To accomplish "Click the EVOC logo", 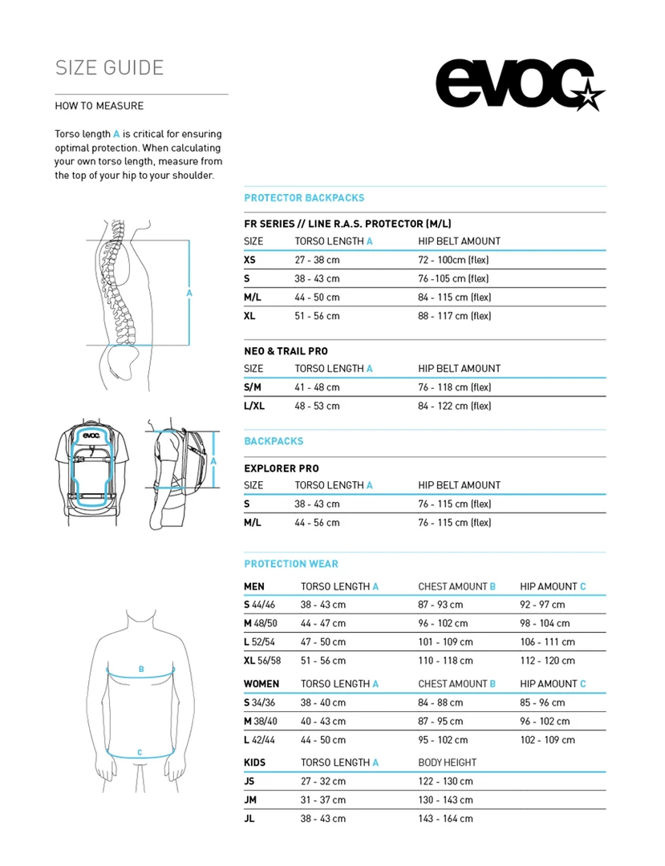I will coord(520,84).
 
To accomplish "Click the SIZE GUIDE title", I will coord(109,67).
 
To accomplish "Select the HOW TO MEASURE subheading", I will coord(99,106).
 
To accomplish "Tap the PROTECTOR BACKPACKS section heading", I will coord(304,198).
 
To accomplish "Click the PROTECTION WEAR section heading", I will coord(291,564).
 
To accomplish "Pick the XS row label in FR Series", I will coord(250,260).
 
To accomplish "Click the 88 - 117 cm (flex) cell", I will coord(454,316).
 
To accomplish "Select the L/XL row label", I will coord(254,406).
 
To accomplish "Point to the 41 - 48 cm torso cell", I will coord(317,387).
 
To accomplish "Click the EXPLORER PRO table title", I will coord(282,468).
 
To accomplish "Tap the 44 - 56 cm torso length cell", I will coord(317,523).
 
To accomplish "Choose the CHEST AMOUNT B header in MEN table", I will coord(456,586).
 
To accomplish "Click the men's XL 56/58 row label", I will coord(262,661).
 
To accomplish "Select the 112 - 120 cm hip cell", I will coord(547,661).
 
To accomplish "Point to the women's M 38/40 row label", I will coord(261,721).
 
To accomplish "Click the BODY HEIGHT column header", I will coord(447,763).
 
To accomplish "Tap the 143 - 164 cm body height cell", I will coord(445,819).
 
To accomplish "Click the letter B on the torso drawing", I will coord(141,669).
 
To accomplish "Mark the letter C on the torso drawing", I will coord(140,752).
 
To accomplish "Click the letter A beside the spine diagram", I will coord(189,293).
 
